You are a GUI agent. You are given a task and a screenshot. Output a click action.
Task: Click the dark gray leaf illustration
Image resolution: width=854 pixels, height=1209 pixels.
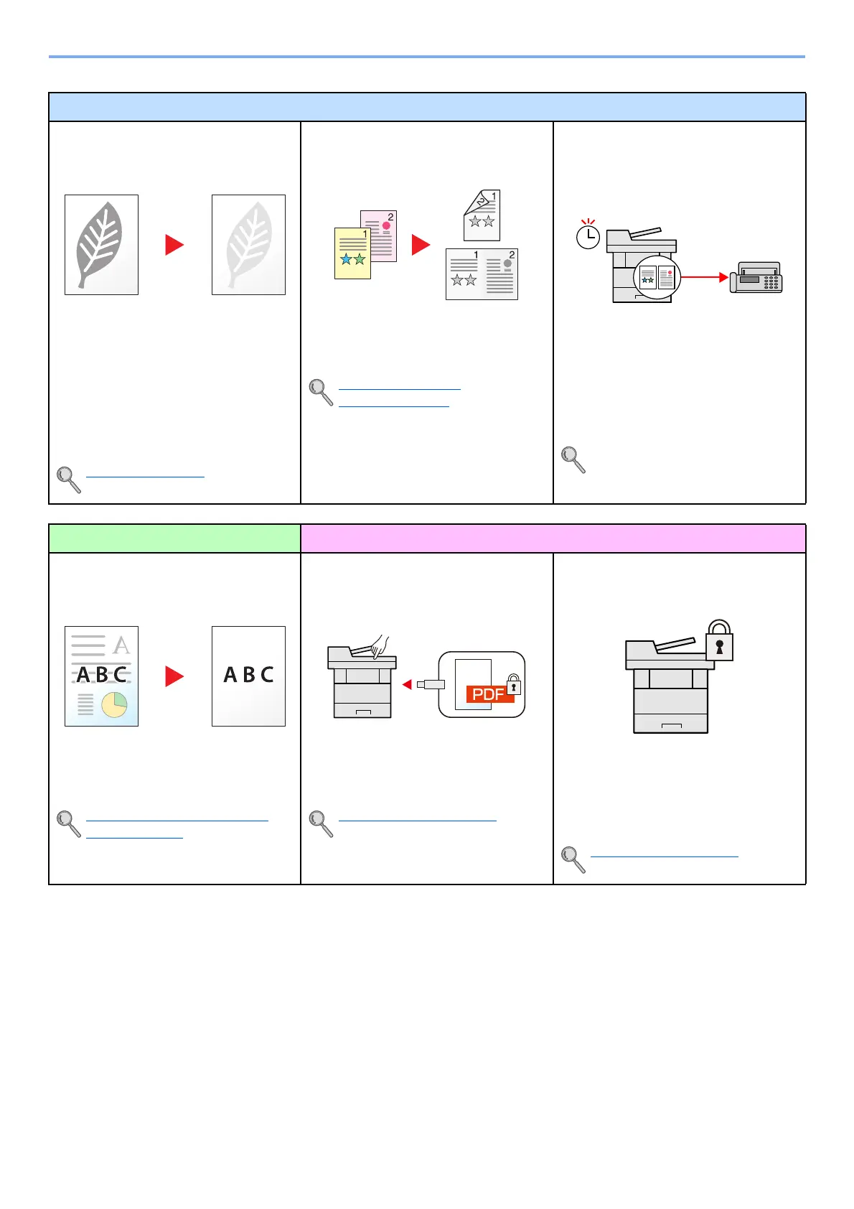100,244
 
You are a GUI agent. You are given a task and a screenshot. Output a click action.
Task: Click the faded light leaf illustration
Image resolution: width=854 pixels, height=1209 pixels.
248,244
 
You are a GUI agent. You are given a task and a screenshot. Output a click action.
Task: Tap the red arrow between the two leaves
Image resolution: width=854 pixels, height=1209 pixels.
174,245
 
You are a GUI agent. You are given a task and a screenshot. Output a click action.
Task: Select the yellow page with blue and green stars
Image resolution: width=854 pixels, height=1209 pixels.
352,253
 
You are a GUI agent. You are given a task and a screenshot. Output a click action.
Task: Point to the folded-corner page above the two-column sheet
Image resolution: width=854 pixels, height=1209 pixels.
482,215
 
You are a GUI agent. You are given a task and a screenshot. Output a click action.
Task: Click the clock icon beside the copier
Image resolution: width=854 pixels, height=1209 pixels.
588,235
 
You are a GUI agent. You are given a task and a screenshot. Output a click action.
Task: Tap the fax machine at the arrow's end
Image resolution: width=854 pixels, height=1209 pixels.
756,277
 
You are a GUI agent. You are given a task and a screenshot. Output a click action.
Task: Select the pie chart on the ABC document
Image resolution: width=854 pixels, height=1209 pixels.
114,705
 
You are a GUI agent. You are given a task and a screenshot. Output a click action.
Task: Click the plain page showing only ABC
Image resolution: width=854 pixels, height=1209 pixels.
248,676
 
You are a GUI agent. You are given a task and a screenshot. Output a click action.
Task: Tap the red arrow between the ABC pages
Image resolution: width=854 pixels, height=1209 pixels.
174,676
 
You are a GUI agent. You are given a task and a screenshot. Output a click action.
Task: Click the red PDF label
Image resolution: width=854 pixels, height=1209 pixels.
489,694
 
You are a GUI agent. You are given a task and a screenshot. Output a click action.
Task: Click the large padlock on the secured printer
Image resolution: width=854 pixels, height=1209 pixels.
719,640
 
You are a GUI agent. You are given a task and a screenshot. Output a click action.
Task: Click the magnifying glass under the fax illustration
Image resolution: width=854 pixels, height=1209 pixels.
573,459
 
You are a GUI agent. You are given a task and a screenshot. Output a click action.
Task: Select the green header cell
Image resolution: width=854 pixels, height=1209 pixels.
174,538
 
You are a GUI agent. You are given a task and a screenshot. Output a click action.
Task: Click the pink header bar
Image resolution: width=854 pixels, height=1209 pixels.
553,538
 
